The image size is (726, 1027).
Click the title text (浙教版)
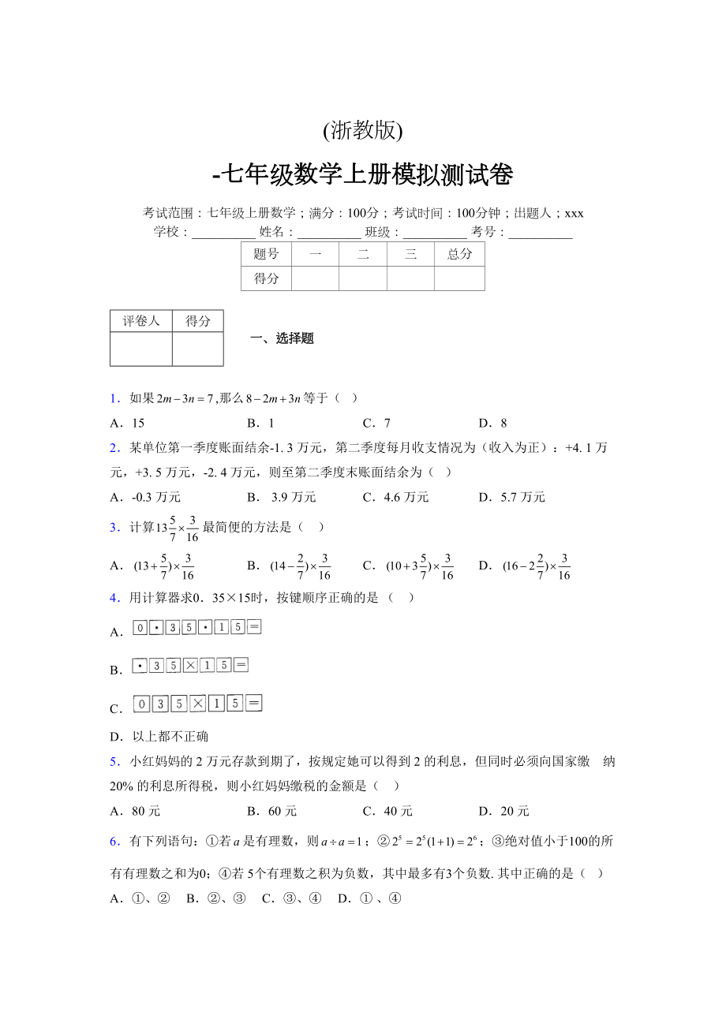click(362, 130)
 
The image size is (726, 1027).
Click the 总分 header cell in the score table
click(459, 254)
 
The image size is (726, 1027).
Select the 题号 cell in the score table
click(266, 254)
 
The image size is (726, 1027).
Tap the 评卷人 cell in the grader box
click(141, 321)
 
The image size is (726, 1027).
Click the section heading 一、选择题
click(282, 338)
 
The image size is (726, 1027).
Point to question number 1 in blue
click(114, 398)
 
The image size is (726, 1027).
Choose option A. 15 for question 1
click(128, 423)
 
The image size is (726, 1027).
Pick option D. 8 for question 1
click(492, 423)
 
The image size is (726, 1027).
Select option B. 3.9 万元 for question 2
click(282, 497)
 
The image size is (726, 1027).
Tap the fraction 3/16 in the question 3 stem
click(193, 528)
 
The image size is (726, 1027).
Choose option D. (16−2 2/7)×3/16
click(525, 566)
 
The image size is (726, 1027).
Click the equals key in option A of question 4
click(254, 627)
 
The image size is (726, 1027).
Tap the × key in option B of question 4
click(190, 665)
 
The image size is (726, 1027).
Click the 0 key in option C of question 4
click(141, 704)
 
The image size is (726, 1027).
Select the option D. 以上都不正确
click(159, 737)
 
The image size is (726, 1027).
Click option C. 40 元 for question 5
click(387, 811)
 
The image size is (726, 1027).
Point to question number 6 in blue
click(114, 842)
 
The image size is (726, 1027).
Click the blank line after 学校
click(223, 233)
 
